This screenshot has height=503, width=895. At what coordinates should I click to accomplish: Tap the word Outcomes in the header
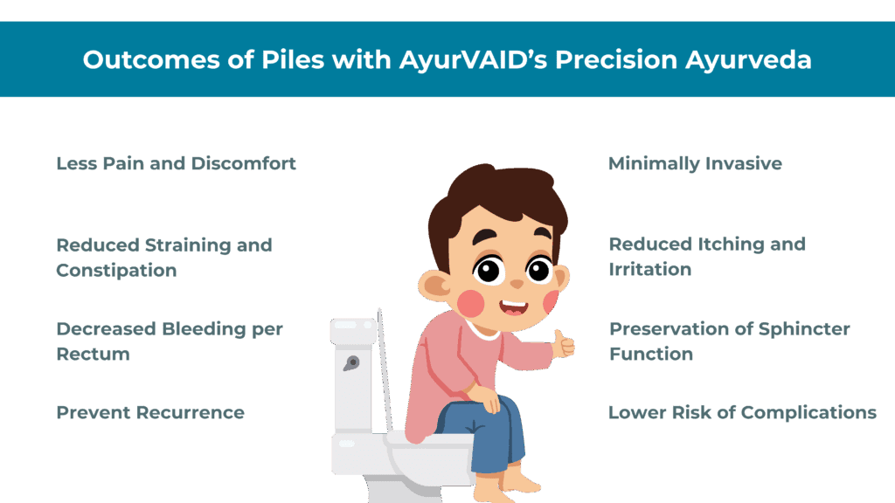click(151, 60)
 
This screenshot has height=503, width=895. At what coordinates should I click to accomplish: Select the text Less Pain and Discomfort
click(176, 163)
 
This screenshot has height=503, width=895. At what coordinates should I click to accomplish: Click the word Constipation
click(116, 271)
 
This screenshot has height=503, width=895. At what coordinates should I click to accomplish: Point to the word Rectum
click(93, 354)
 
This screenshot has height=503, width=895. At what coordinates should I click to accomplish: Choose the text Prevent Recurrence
click(150, 412)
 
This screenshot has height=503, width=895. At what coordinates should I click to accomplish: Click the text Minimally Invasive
click(695, 164)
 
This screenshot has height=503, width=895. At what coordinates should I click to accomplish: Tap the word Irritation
click(650, 269)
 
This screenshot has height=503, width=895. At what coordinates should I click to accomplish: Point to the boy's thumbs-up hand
click(563, 343)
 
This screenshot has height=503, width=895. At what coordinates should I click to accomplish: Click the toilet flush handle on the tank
click(351, 363)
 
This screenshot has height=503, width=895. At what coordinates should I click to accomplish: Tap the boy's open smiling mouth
click(514, 308)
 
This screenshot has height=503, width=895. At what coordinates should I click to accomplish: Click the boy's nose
click(517, 284)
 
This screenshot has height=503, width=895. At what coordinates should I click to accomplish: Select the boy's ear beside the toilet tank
click(435, 286)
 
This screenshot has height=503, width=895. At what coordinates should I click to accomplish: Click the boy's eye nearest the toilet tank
click(488, 269)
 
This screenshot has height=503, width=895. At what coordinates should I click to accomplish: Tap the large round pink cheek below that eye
click(471, 303)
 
